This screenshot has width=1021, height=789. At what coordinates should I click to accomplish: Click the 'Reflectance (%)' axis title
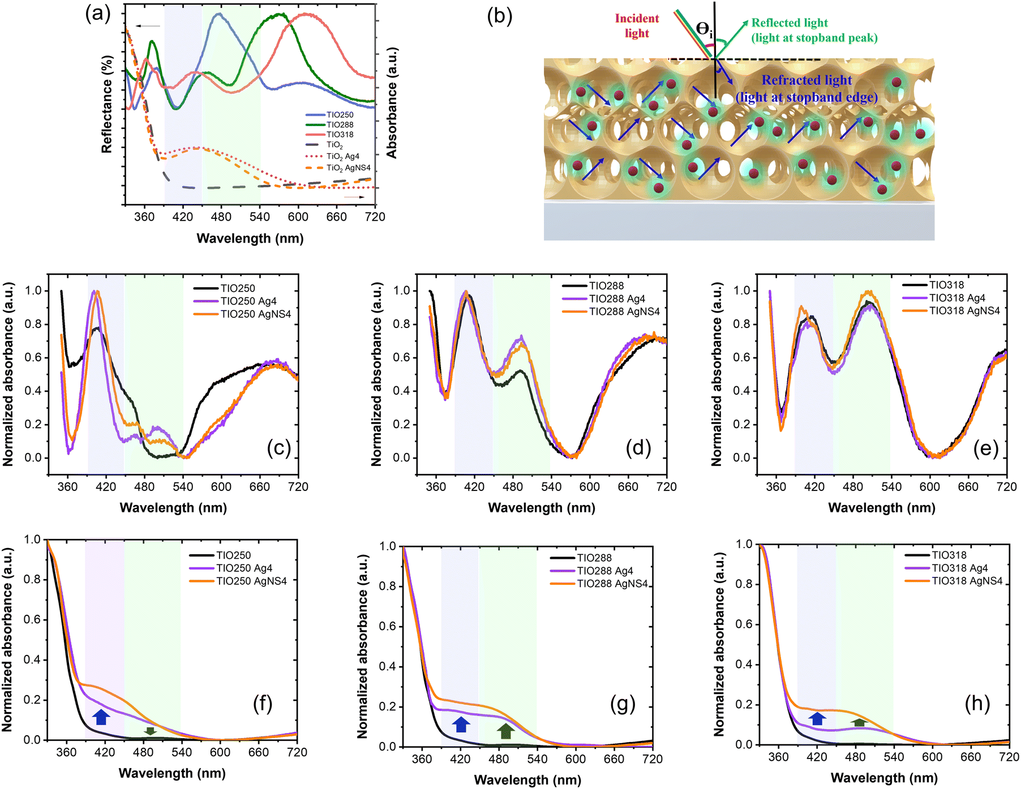pos(107,104)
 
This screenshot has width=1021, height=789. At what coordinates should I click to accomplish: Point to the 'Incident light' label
pos(637,26)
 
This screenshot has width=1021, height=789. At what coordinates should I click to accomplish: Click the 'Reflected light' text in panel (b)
pos(790,23)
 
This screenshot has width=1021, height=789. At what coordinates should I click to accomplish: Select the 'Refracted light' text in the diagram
pos(806,80)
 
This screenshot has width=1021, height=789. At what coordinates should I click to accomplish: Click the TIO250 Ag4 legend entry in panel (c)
pos(248,301)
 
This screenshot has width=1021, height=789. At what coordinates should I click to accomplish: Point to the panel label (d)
pos(638,448)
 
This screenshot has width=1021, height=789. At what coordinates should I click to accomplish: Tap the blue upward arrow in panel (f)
pos(101,717)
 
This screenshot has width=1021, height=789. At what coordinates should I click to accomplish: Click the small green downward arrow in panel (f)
pos(150,731)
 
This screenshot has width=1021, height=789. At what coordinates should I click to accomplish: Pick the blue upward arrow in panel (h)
pos(817,718)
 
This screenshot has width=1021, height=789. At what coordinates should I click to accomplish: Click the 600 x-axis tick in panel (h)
pos(932,757)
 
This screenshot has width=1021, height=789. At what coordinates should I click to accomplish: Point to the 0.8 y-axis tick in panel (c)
pos(34,324)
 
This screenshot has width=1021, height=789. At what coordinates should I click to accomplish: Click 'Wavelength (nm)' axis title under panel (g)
pos(527,780)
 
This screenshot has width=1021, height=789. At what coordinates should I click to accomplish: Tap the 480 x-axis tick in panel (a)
pos(221,217)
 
